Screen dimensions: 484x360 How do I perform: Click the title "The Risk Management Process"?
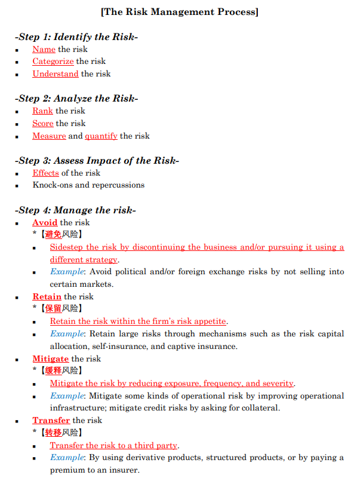tap(180, 12)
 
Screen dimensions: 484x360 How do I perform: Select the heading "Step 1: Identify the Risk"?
tap(76, 37)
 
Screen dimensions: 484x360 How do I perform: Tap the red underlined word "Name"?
tap(44, 50)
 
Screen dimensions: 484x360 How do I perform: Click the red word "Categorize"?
tap(53, 62)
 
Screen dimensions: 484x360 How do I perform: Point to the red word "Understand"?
tap(56, 74)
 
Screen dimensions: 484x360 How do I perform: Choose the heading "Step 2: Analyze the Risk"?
tap(76, 99)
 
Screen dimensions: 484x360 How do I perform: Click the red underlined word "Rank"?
tap(42, 111)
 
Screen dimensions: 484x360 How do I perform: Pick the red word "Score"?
tap(43, 124)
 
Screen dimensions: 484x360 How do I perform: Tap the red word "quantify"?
tap(101, 136)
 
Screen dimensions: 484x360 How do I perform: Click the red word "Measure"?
tap(49, 136)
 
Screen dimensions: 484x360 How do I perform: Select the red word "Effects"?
tap(45, 173)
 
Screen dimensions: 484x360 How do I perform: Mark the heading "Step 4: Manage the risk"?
tap(76, 210)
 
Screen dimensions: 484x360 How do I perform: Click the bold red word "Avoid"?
tap(45, 223)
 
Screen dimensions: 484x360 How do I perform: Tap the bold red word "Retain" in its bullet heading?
tap(47, 297)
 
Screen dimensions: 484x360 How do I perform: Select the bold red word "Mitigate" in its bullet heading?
tap(50, 359)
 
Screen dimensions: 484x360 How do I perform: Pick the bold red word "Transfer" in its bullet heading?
tap(51, 421)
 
